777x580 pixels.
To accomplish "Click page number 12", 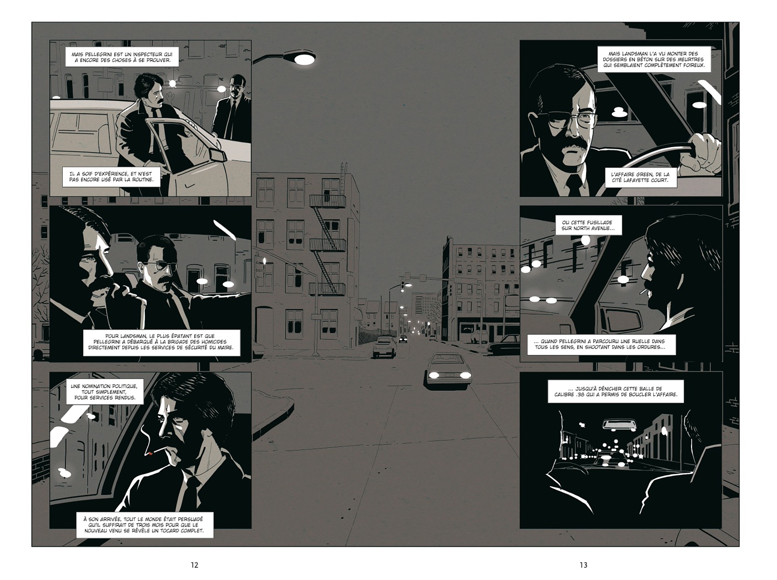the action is click(194, 565).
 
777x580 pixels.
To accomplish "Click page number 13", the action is click(583, 565).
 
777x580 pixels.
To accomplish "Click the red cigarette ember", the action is click(150, 453).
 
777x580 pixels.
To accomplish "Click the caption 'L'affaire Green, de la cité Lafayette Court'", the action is click(640, 177).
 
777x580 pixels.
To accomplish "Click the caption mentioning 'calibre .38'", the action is click(615, 391).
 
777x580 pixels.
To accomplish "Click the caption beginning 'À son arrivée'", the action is click(143, 525).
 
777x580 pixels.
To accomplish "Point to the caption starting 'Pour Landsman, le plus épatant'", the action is click(161, 342).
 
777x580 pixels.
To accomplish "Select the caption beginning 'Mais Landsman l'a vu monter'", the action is click(654, 59).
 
